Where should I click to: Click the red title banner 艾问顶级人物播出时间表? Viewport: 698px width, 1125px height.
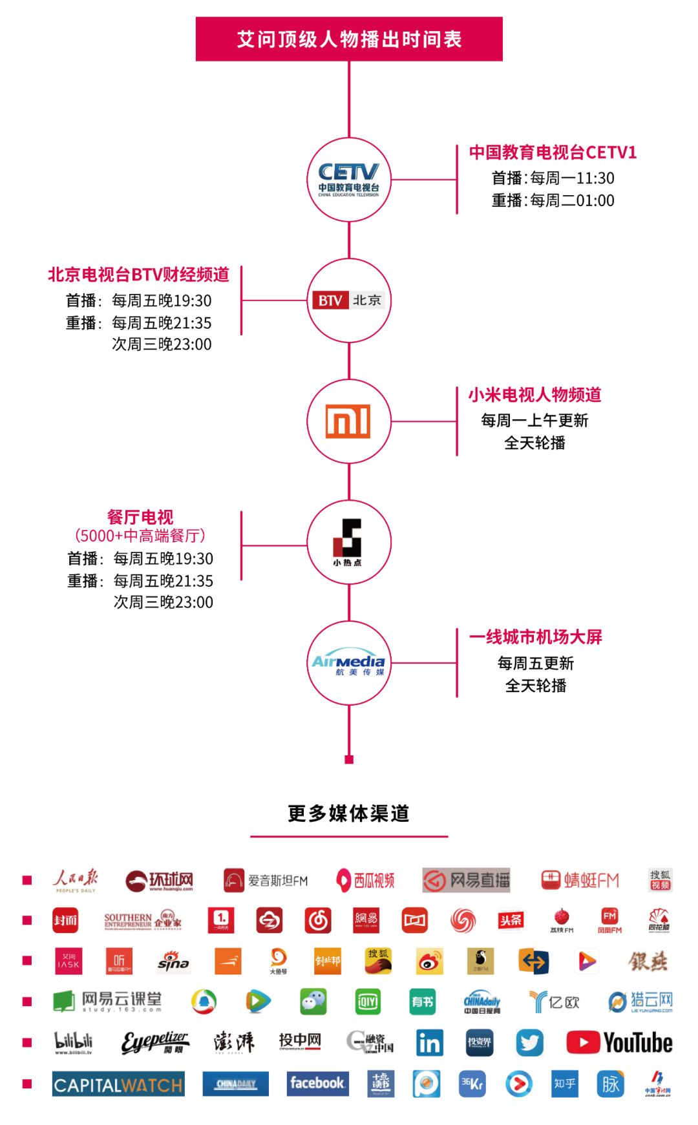coord(349,39)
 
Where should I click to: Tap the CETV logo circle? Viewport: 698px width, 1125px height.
coord(349,180)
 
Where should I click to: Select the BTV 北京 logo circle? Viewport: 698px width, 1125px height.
coord(349,300)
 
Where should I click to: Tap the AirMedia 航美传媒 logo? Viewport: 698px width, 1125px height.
coord(349,663)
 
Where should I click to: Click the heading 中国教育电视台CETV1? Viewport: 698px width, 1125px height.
coord(553,152)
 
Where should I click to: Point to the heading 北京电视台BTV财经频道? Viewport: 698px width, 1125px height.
coord(138,275)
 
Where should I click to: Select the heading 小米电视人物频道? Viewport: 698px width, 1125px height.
coord(534,395)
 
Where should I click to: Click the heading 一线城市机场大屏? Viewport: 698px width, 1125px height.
coord(536,637)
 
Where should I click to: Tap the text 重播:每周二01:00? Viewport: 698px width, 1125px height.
coord(553,200)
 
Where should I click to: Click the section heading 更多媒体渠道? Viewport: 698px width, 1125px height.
coord(349,814)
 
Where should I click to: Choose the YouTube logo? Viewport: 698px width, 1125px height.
coord(619,1042)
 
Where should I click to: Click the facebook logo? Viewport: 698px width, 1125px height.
coord(317,1083)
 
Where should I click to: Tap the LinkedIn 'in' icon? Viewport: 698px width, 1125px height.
coord(429,1042)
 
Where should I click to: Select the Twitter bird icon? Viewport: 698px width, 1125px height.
coord(529,1042)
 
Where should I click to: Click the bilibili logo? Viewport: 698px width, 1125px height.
coord(74,1042)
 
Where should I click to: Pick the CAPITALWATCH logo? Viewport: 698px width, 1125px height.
coord(118,1084)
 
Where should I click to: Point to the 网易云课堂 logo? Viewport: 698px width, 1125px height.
coord(107,1002)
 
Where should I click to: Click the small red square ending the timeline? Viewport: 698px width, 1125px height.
coord(349,759)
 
